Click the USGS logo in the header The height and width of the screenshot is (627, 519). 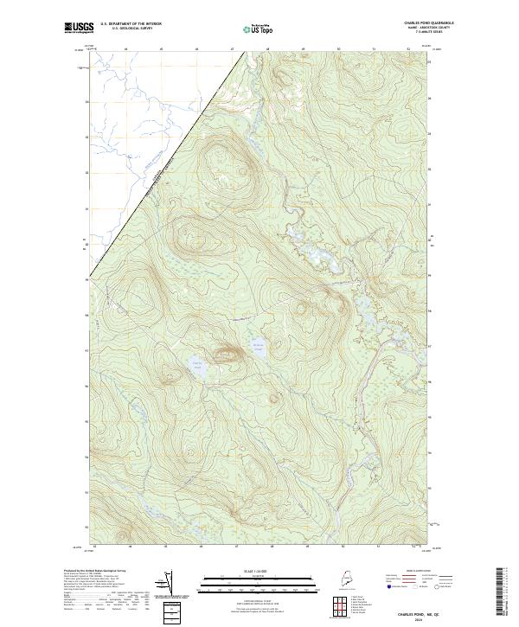click(79, 28)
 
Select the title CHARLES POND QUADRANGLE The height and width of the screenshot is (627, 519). click(426, 22)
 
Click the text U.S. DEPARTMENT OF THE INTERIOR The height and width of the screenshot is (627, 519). click(131, 24)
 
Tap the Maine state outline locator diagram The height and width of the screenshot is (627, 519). click(343, 580)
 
